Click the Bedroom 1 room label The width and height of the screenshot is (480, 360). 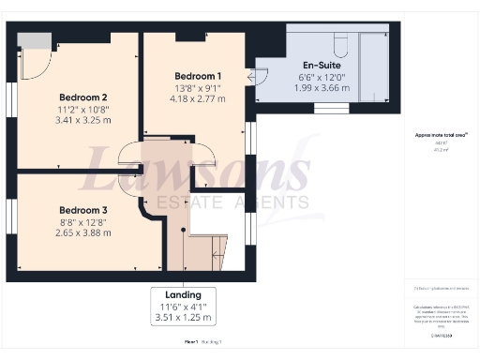[x=198, y=75]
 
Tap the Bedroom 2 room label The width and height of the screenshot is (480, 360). [x=83, y=97]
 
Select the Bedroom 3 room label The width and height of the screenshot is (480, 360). [x=83, y=209]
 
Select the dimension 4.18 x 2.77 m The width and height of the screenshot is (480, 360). [x=198, y=97]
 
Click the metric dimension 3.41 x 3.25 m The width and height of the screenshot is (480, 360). [x=83, y=120]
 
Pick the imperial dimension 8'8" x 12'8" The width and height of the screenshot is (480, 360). [x=83, y=220]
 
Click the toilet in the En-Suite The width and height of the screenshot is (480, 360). [x=340, y=46]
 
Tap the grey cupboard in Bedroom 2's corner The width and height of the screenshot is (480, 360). [x=33, y=39]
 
